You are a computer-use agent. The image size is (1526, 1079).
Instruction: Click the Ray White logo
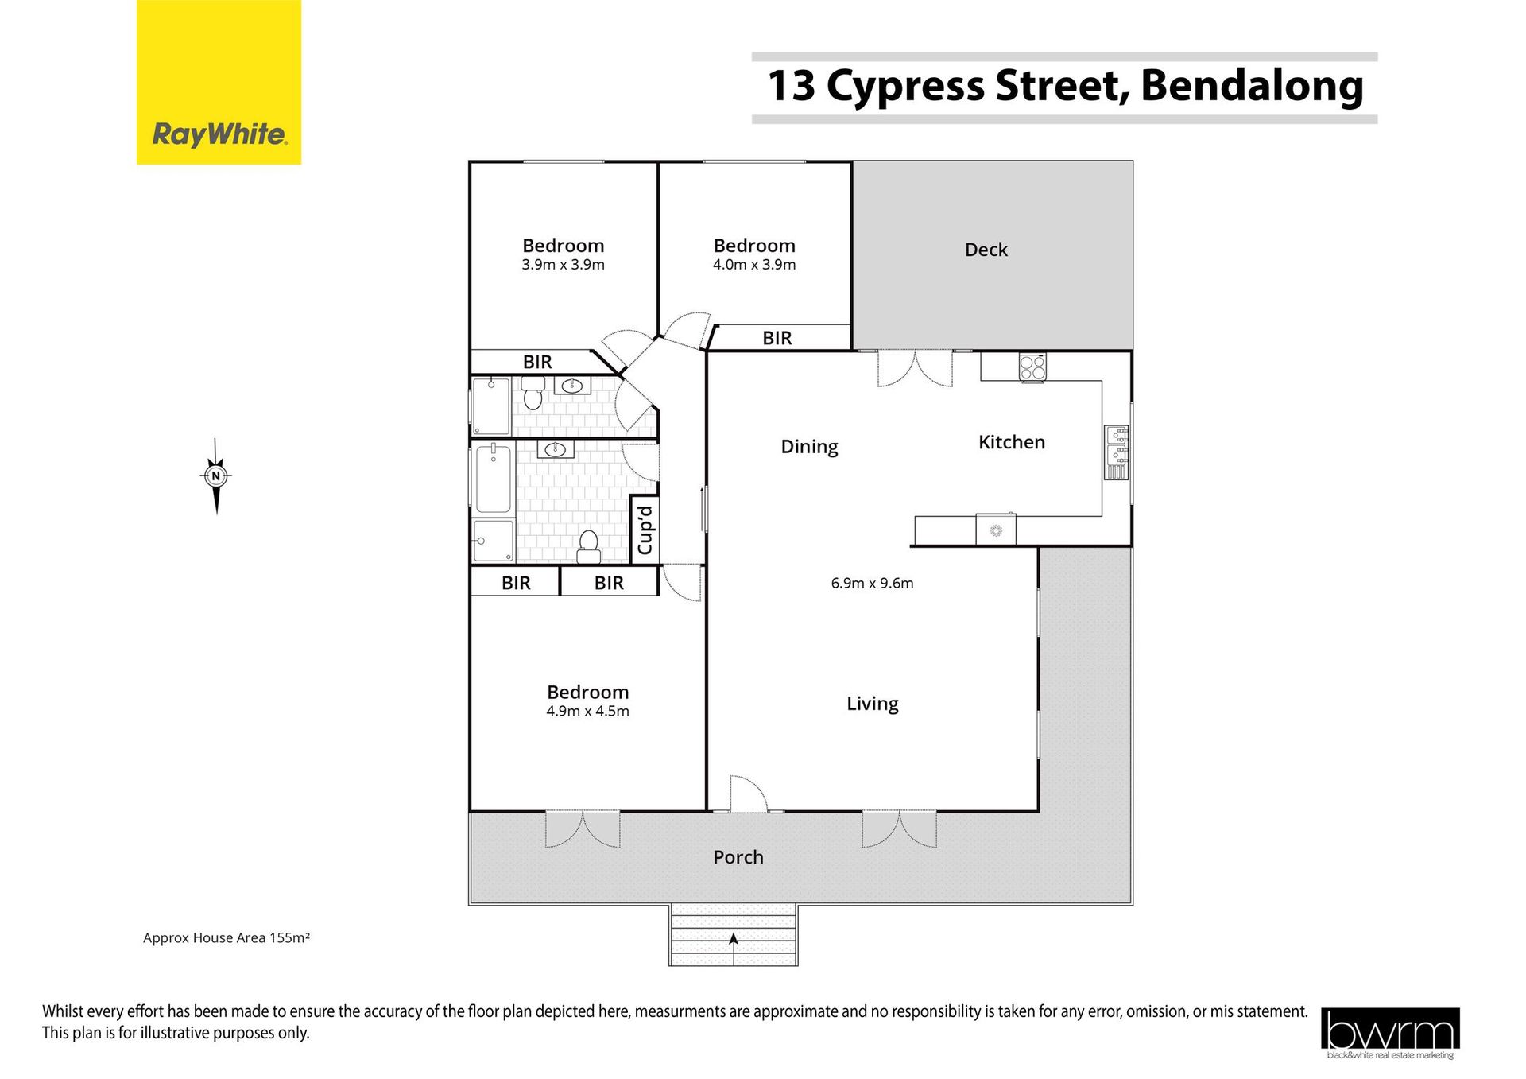[219, 82]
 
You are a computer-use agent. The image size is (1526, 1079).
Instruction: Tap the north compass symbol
[216, 476]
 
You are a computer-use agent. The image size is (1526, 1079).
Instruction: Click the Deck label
[986, 250]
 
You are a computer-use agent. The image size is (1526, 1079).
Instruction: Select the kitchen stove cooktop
[1032, 367]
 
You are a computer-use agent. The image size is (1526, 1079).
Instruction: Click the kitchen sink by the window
[1117, 452]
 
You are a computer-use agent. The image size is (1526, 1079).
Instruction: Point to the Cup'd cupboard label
[645, 530]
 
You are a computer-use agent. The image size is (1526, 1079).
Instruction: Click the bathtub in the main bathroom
[494, 479]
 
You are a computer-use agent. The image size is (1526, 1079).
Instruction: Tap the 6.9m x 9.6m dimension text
[872, 583]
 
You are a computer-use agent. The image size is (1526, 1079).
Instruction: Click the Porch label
[738, 857]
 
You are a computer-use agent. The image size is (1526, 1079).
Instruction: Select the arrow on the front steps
[733, 940]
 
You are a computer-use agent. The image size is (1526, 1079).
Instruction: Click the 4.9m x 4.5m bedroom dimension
[587, 712]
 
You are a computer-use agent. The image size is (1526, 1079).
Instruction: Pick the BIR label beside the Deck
[777, 338]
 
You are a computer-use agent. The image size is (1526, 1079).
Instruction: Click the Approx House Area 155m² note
[227, 938]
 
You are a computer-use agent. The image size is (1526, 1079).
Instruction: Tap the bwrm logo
[1390, 1033]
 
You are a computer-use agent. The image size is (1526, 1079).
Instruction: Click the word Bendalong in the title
[1252, 86]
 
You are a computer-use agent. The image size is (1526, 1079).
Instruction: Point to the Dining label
[809, 447]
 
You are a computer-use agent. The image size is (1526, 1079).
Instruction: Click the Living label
[872, 704]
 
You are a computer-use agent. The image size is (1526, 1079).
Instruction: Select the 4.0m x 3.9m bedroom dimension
[753, 265]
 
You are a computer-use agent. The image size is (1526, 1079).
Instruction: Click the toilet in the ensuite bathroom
[533, 393]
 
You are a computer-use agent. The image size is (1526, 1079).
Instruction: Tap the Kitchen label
[1011, 442]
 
